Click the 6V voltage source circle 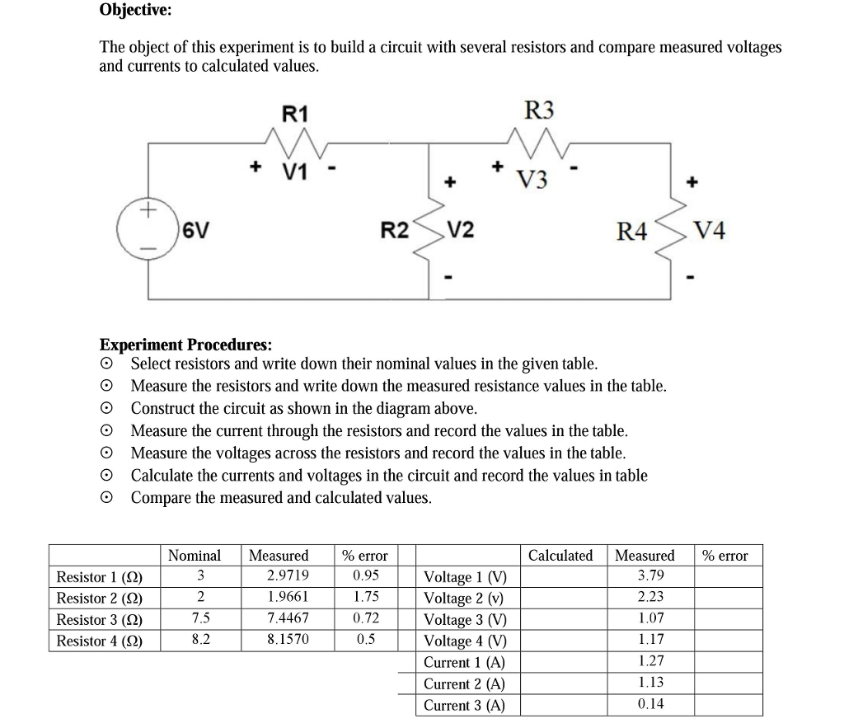[x=148, y=227]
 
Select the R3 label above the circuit [x=540, y=110]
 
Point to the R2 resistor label [x=394, y=232]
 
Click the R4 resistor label [x=632, y=232]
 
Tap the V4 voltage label [x=710, y=232]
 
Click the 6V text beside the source [x=195, y=232]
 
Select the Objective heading [x=136, y=11]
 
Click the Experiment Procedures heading [x=185, y=345]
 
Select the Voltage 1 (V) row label [x=466, y=577]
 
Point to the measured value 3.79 [x=650, y=575]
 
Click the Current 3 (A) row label [x=464, y=705]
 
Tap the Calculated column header [x=560, y=555]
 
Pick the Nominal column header [x=195, y=555]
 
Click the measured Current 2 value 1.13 [x=650, y=683]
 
